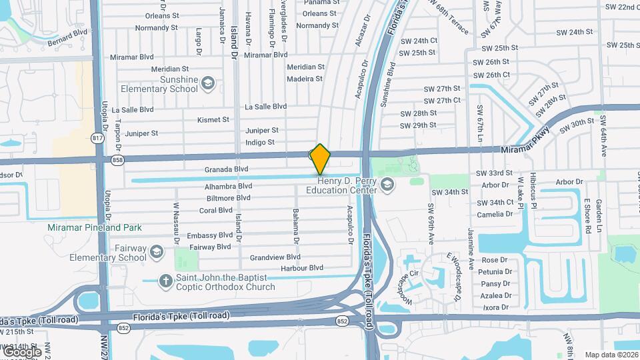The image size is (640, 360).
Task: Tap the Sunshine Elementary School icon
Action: click(208, 83)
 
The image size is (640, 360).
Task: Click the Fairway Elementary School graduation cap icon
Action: click(157, 251)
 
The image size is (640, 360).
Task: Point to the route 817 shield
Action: click(98, 137)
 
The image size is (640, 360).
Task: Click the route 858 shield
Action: click(118, 161)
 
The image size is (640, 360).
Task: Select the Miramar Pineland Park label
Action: click(95, 227)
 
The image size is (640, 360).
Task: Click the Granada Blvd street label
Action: click(227, 169)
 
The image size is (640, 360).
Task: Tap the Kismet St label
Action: click(213, 120)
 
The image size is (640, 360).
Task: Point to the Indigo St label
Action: click(260, 142)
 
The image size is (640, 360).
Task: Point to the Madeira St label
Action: click(305, 79)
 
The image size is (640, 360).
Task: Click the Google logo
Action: click(21, 351)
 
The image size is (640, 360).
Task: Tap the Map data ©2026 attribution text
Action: click(611, 355)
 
